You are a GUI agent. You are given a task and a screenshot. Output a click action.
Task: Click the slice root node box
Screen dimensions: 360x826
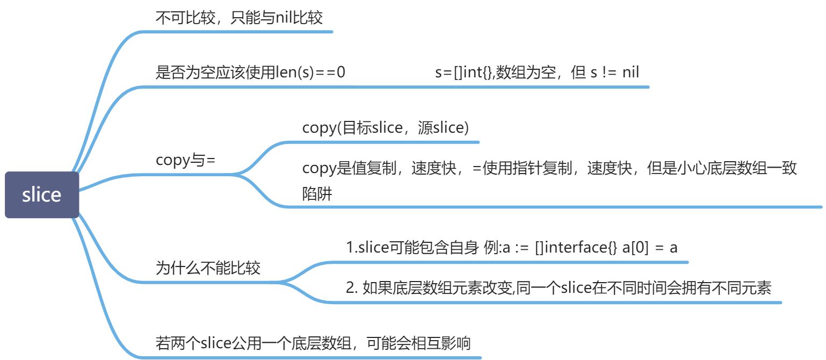pos(42,195)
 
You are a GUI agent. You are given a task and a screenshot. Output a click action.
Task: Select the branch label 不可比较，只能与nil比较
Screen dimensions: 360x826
pos(239,18)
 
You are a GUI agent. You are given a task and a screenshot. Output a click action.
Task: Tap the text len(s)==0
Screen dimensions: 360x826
pos(310,73)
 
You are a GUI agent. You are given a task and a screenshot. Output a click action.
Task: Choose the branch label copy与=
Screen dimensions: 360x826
pos(185,160)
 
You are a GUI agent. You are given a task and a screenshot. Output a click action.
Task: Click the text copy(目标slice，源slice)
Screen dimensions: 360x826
pos(386,128)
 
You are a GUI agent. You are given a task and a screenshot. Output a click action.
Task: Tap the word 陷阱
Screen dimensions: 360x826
pos(317,195)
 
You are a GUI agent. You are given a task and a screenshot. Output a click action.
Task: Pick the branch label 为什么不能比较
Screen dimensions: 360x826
pos(208,268)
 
